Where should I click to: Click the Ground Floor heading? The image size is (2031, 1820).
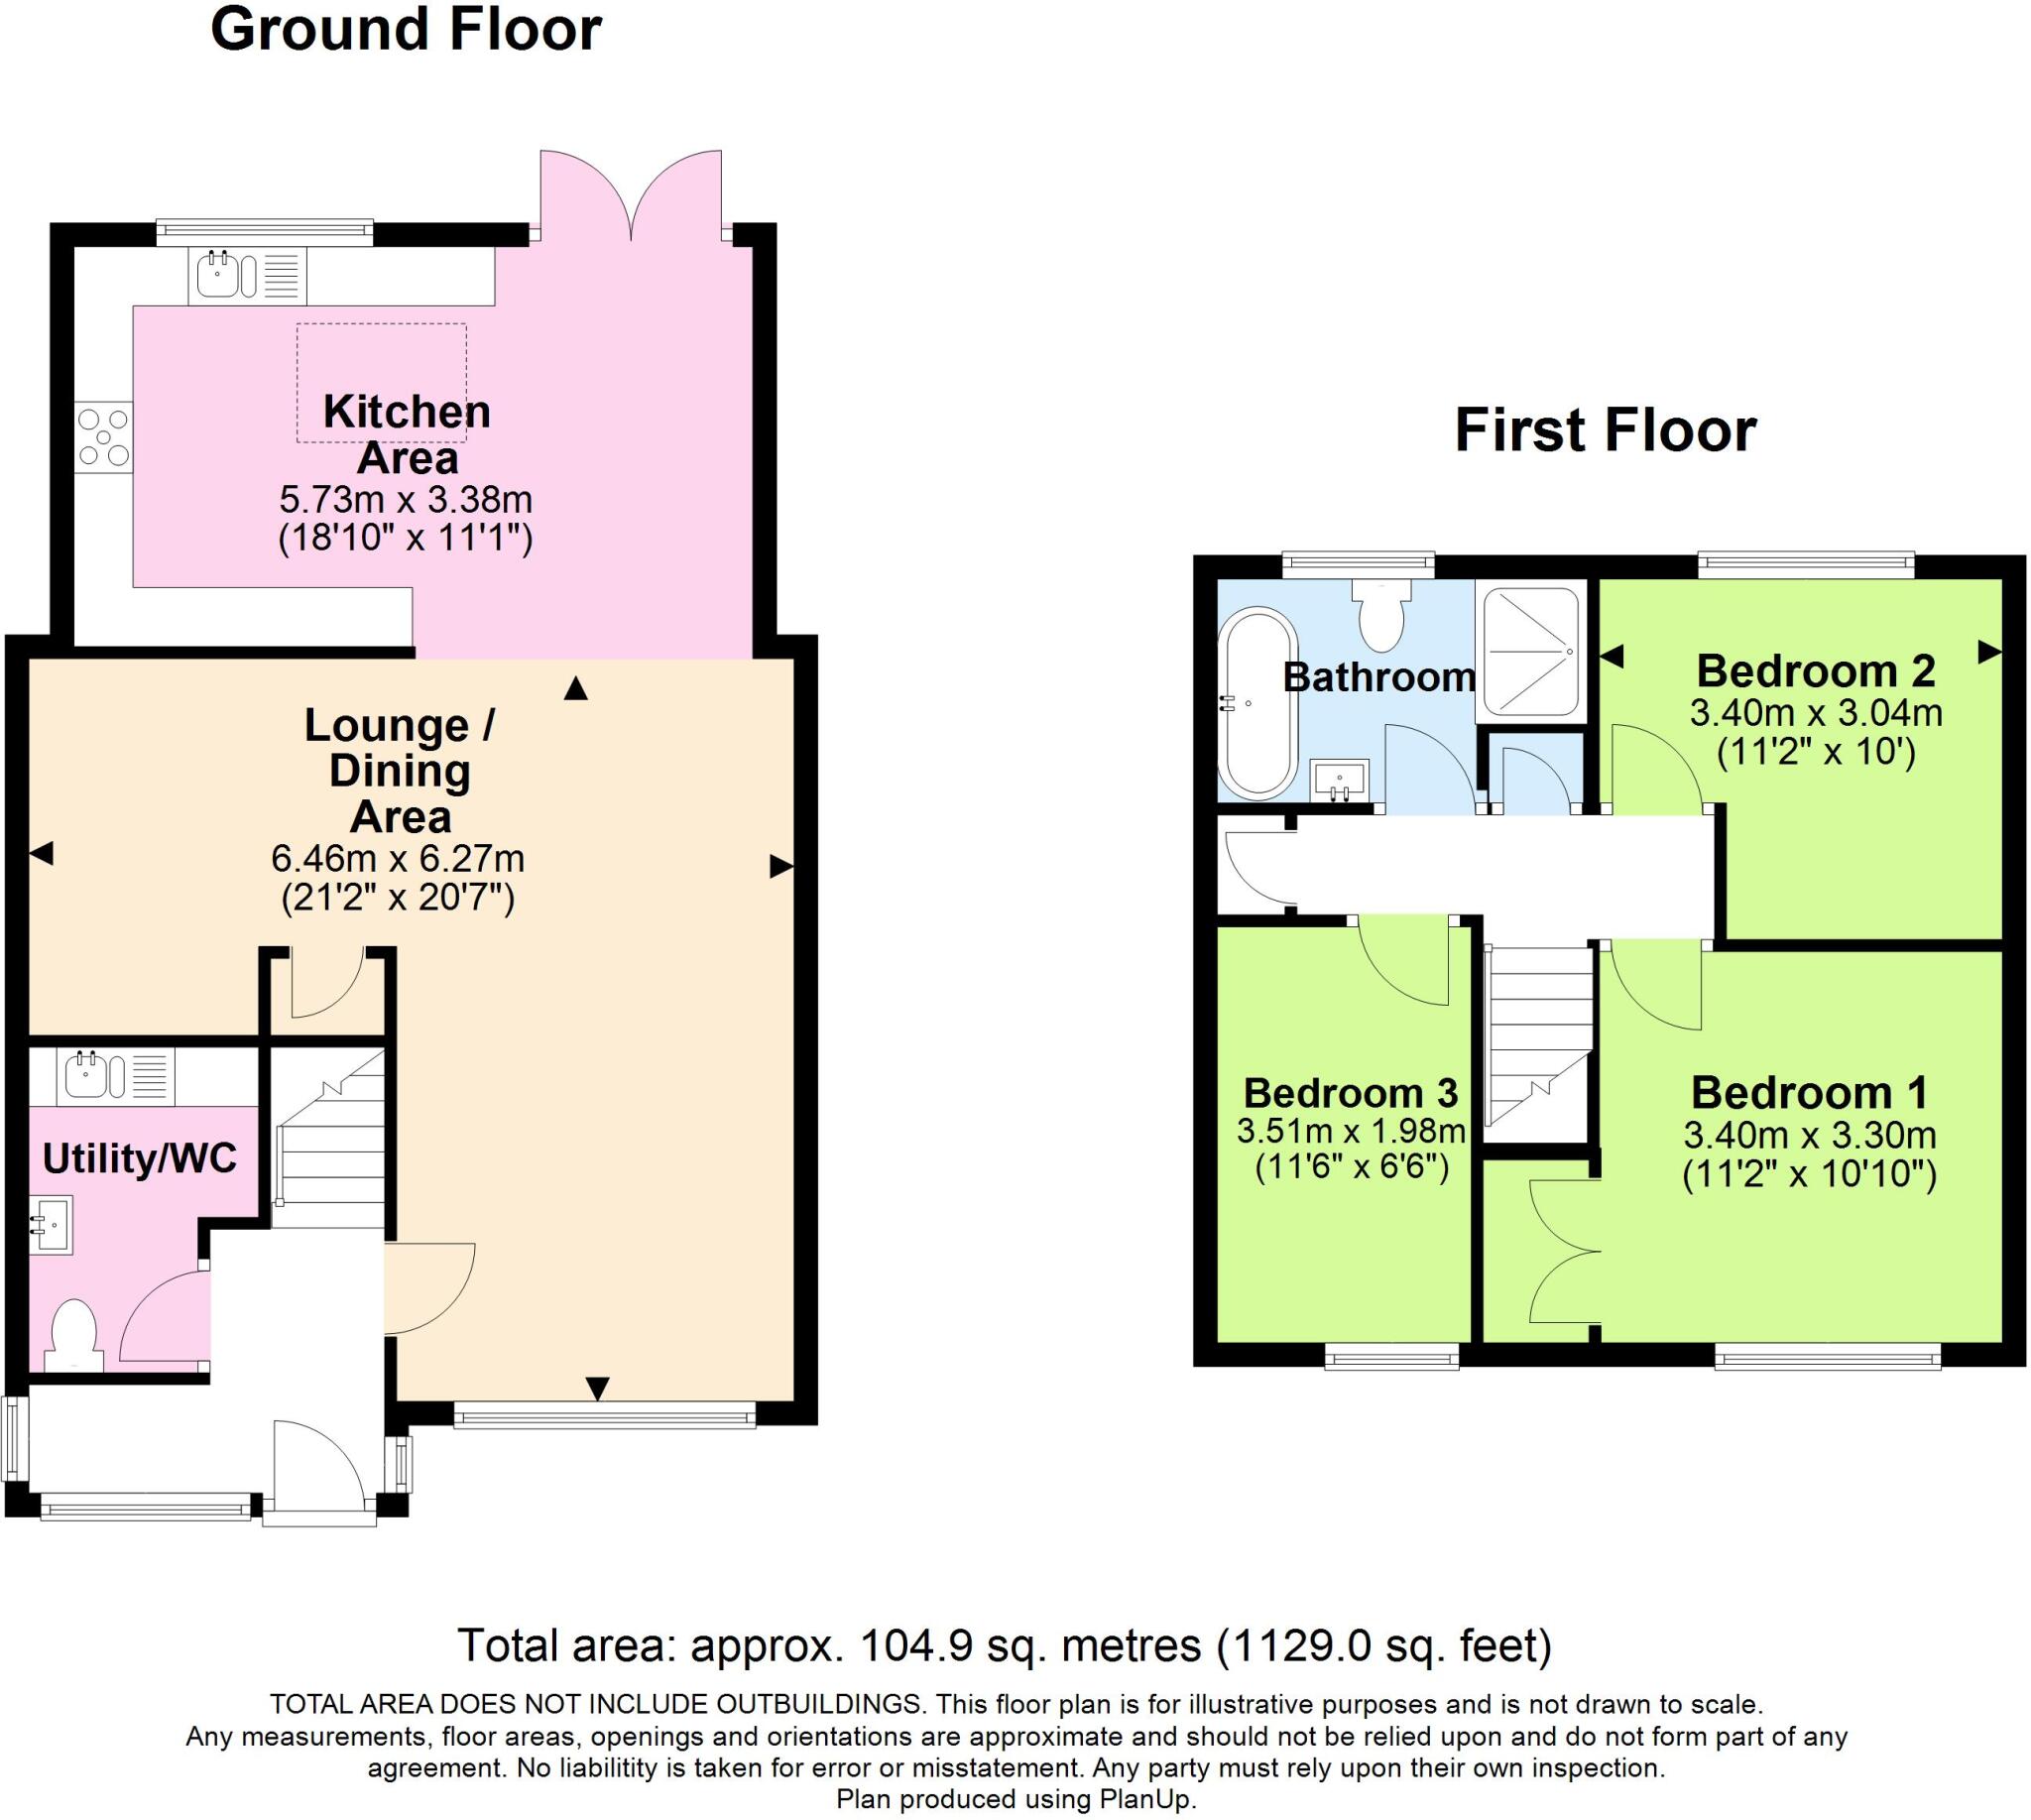(x=405, y=30)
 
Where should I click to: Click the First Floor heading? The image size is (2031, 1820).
(x=1604, y=431)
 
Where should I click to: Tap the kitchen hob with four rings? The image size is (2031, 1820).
(x=104, y=435)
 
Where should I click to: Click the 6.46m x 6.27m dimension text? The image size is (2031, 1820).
(x=398, y=858)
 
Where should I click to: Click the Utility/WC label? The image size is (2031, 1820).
(x=140, y=1158)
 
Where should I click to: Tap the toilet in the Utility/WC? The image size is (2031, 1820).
(x=73, y=1334)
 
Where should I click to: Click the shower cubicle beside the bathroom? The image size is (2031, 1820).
(x=1530, y=652)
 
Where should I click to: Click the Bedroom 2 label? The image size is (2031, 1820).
(x=1815, y=670)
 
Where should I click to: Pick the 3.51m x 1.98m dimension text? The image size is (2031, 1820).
(x=1351, y=1131)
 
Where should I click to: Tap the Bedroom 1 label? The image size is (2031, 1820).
(x=1809, y=1093)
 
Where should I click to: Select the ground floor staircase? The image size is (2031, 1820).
(x=329, y=1140)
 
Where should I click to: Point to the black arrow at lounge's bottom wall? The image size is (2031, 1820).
(x=597, y=1388)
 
